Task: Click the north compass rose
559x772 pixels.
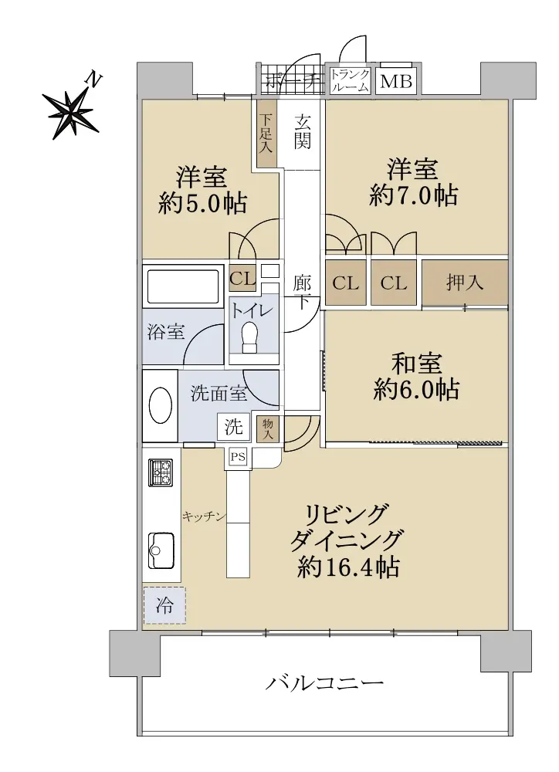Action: (71, 110)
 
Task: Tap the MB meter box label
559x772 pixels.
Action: (396, 81)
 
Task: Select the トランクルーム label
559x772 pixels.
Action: (350, 81)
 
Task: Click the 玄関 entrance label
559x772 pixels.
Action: (303, 131)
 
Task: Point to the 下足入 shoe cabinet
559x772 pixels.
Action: (267, 133)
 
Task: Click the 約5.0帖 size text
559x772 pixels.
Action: (202, 203)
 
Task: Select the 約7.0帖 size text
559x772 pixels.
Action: (413, 195)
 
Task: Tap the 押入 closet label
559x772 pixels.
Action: (465, 283)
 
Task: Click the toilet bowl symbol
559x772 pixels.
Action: (249, 337)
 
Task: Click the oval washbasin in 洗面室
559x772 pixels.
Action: (161, 405)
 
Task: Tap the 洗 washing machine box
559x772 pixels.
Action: (234, 426)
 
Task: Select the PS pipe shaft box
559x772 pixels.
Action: (239, 457)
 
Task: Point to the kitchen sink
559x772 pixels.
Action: (161, 550)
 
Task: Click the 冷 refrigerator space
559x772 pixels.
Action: (164, 605)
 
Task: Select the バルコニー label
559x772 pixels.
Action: (324, 683)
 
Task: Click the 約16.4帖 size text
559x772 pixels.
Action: (349, 567)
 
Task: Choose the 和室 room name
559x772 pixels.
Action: (417, 364)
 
